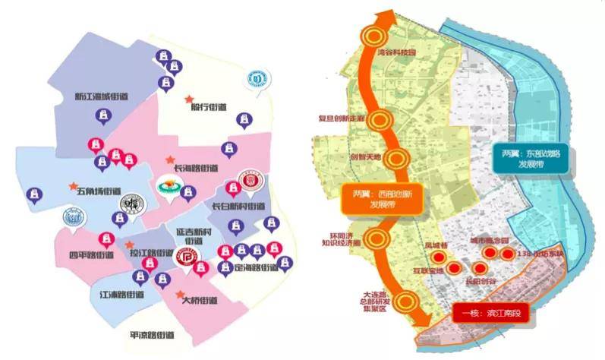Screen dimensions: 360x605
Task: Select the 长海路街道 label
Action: (x=196, y=168)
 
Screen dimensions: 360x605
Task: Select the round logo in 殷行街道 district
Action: (x=259, y=77)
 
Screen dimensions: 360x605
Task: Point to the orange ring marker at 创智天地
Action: (x=395, y=159)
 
